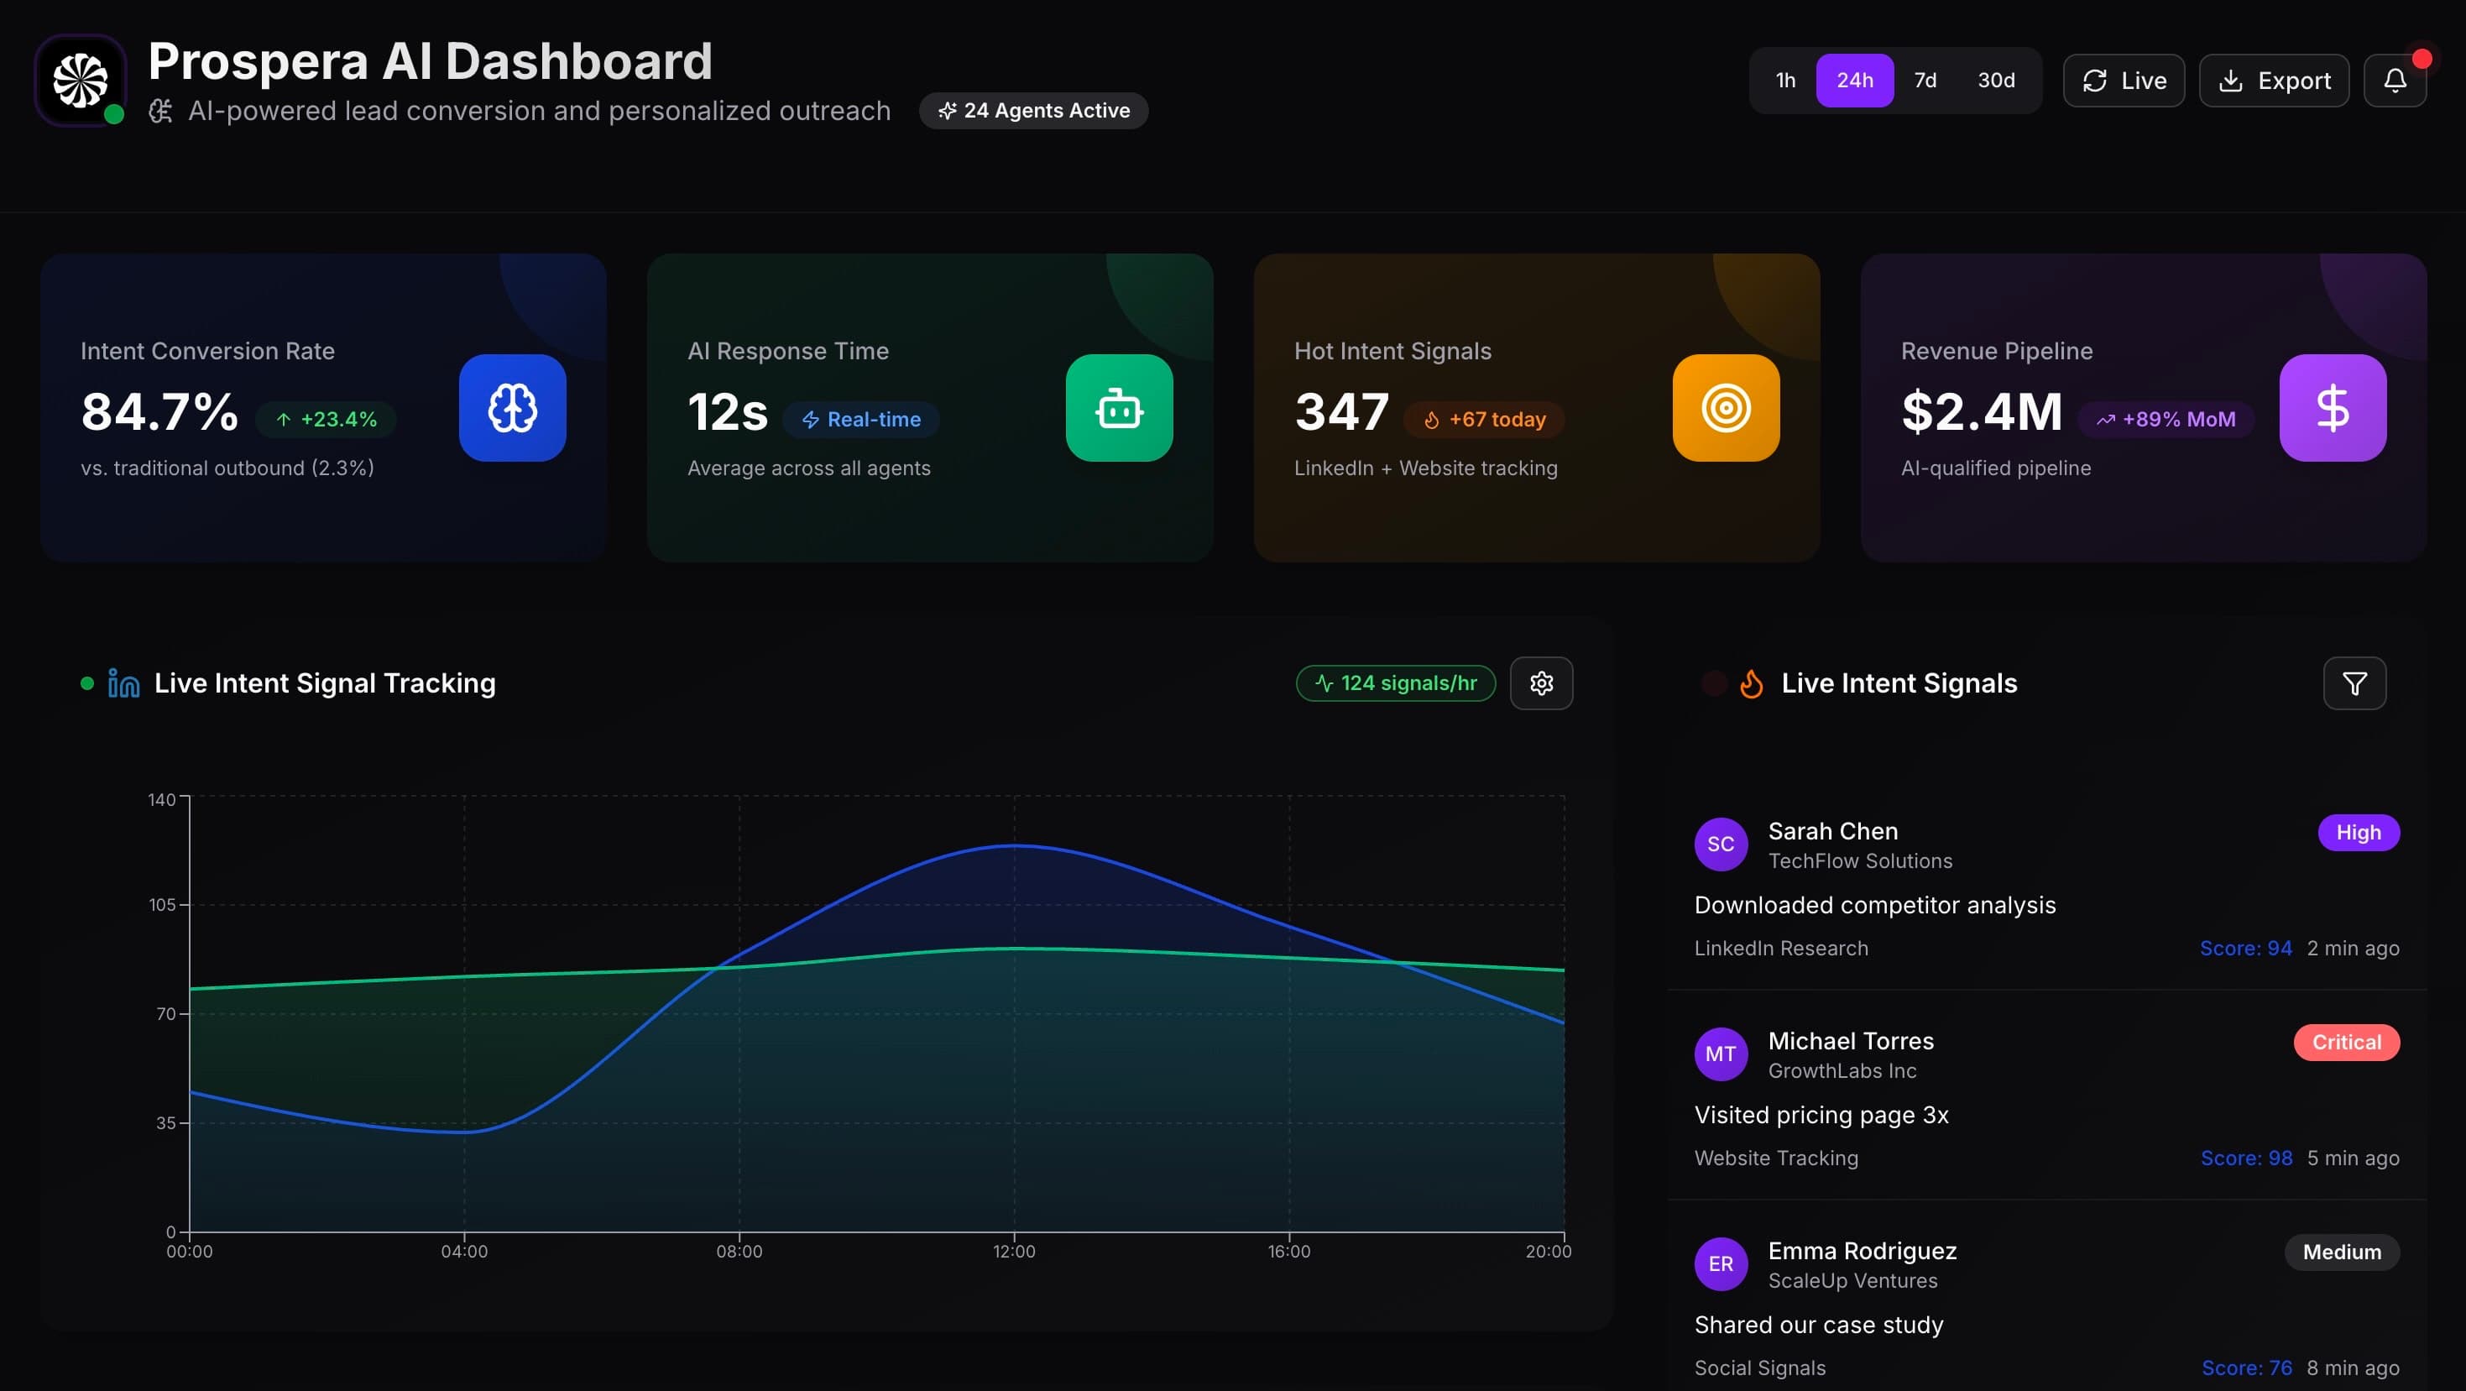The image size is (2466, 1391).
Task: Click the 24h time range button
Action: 1854,81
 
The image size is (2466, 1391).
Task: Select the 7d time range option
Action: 1925,81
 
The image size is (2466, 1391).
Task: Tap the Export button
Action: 2274,81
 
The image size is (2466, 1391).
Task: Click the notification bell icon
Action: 2394,81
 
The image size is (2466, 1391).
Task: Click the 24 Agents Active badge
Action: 1034,111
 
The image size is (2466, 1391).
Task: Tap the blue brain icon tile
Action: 512,408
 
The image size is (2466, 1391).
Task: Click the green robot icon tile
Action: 1119,408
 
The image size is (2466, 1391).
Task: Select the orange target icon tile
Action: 1726,408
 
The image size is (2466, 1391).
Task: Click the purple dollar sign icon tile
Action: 2333,408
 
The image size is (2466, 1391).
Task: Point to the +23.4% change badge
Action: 327,419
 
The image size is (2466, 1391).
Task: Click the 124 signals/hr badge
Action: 1396,683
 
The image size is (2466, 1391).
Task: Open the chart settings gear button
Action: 1541,683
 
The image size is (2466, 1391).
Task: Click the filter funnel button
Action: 2354,683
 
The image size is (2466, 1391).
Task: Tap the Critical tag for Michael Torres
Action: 2346,1043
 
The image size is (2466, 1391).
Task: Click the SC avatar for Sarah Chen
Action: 1721,845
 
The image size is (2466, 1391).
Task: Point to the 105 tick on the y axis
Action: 163,905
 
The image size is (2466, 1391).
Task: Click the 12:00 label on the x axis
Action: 1014,1252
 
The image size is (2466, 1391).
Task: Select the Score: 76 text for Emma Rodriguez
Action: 2247,1368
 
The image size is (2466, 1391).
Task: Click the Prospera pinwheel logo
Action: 81,81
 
